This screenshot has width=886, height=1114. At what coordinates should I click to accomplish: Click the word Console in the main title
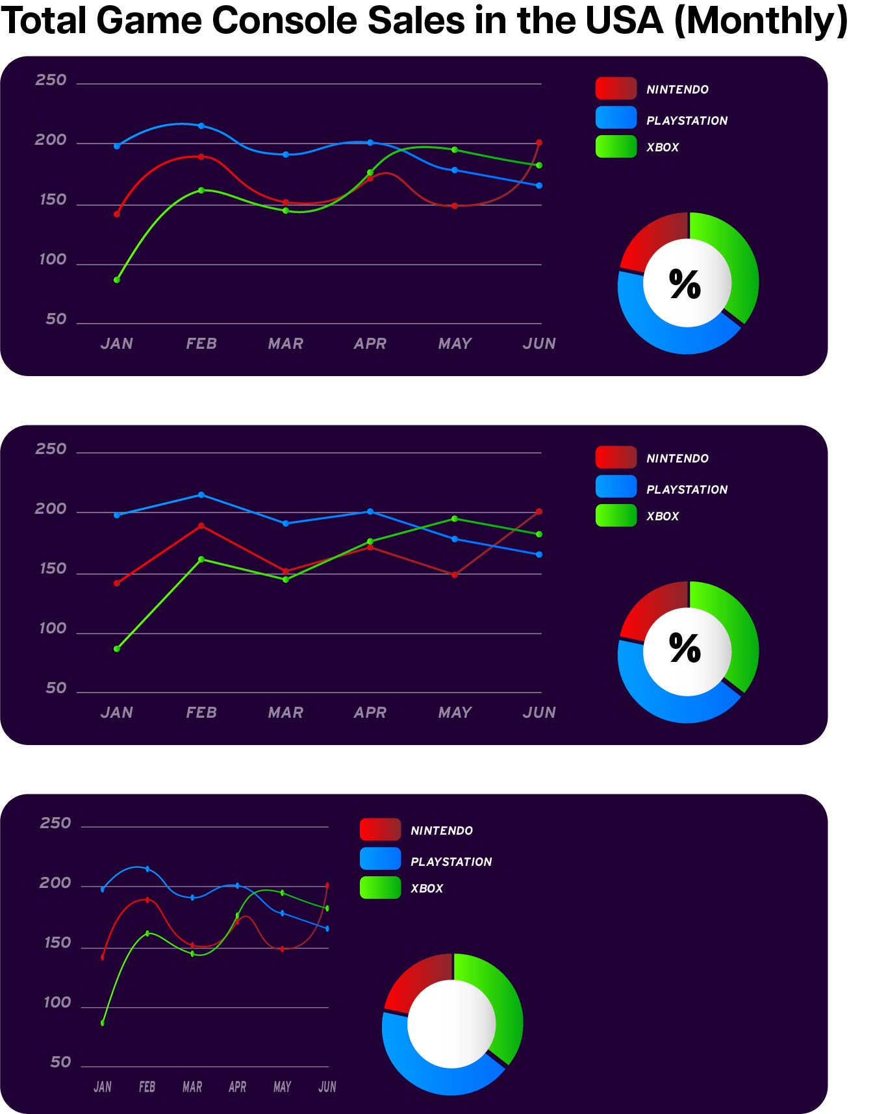pyautogui.click(x=286, y=21)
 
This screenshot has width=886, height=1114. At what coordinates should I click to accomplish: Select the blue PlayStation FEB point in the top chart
pyautogui.click(x=201, y=126)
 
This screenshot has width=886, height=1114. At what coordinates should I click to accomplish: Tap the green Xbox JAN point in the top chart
pyautogui.click(x=117, y=280)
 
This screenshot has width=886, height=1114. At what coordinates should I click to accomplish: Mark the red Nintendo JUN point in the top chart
pyautogui.click(x=539, y=143)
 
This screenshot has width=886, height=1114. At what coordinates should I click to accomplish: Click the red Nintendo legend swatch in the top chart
pyautogui.click(x=615, y=89)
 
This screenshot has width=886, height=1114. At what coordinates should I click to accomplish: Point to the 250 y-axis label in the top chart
pyautogui.click(x=51, y=80)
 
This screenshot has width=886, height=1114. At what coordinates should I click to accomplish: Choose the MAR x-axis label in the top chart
pyautogui.click(x=286, y=344)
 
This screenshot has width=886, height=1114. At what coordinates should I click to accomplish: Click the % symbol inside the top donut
pyautogui.click(x=685, y=285)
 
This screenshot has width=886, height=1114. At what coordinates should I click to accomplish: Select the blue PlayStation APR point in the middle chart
pyautogui.click(x=370, y=512)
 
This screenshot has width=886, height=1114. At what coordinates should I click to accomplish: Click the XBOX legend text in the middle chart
pyautogui.click(x=663, y=516)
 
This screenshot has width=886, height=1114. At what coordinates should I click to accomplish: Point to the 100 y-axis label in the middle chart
pyautogui.click(x=53, y=628)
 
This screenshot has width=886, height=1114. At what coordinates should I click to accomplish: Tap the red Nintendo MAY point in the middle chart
pyautogui.click(x=455, y=575)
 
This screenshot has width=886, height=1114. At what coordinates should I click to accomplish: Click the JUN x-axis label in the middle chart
pyautogui.click(x=539, y=713)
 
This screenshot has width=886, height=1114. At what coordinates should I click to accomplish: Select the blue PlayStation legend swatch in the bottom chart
pyautogui.click(x=380, y=859)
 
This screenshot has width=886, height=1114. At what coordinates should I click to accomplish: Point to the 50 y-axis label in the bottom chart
pyautogui.click(x=61, y=1062)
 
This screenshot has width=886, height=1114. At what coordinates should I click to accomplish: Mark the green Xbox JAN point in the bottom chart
pyautogui.click(x=103, y=1023)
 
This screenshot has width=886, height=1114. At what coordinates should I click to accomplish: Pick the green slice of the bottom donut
pyautogui.click(x=500, y=1000)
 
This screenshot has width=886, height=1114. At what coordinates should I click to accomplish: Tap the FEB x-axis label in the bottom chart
pyautogui.click(x=147, y=1087)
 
